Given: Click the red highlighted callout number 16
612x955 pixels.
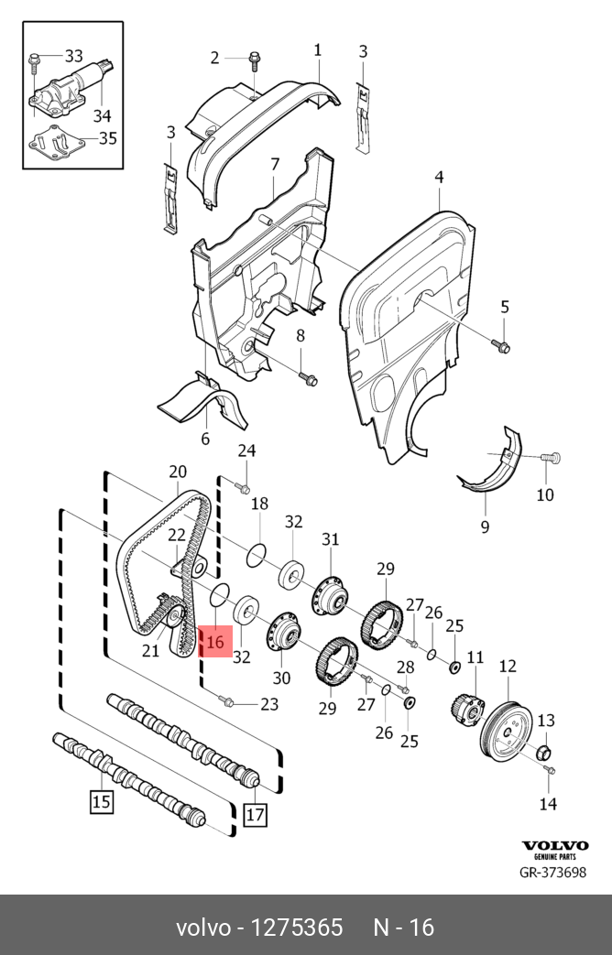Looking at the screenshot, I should (215, 642).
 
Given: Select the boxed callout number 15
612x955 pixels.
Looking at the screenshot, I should (100, 803).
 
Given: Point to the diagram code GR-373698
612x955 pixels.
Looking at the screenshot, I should (552, 872).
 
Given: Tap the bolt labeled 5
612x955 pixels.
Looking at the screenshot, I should (502, 345).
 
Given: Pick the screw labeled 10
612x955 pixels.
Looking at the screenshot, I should (551, 456).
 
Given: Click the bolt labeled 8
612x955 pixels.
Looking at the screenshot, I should (308, 378).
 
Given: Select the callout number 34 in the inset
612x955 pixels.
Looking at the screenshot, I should (102, 114).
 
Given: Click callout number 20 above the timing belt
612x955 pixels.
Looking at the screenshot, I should (177, 472).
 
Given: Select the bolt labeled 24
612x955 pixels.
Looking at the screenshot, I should (243, 487).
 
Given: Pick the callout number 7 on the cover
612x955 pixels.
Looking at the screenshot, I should (274, 165).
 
